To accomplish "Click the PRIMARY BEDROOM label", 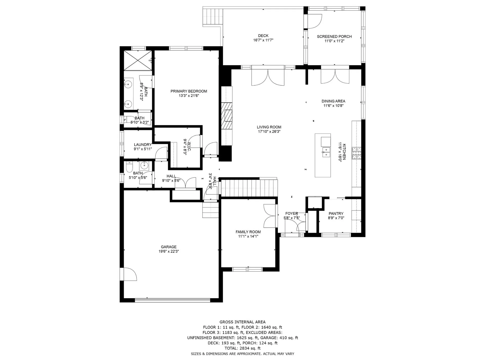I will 189,91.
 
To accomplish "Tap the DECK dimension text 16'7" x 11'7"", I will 263,40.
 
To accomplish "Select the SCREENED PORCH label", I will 334,36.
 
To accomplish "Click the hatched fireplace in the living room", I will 227,116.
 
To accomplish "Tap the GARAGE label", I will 169,247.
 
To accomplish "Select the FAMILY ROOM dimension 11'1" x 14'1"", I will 248,237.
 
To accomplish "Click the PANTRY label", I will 336,213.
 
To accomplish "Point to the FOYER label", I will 292,213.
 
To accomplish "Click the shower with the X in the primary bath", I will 138,60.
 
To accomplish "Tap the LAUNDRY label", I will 143,145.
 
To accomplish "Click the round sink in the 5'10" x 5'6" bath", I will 144,166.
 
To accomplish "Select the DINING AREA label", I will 333,101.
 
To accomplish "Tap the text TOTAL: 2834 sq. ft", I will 242,348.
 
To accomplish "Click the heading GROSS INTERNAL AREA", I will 242,322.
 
